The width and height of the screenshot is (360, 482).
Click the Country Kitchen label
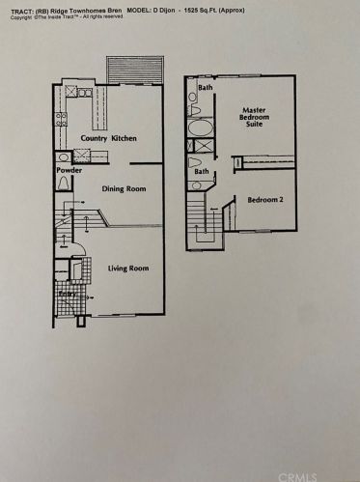(108, 139)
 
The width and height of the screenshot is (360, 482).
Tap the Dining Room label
(124, 189)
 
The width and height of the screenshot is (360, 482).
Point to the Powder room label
(69, 171)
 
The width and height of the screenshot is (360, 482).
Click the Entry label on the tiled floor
(67, 294)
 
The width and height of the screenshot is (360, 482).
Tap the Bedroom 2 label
(266, 200)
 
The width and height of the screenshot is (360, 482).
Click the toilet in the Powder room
(65, 184)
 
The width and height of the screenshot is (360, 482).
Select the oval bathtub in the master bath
(202, 127)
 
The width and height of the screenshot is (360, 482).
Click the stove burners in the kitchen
(61, 120)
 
